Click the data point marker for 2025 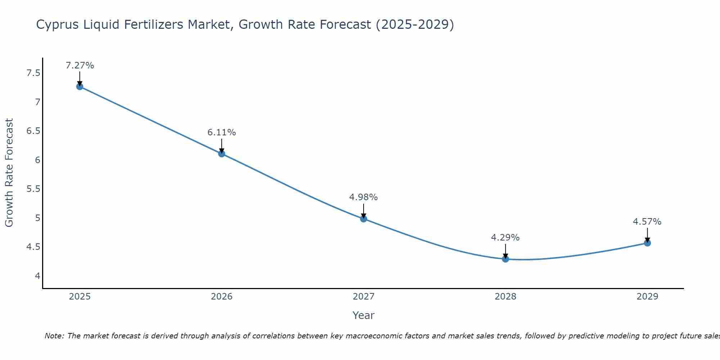pyautogui.click(x=80, y=86)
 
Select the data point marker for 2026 pyautogui.click(x=222, y=154)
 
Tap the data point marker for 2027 pyautogui.click(x=364, y=219)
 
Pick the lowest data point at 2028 pyautogui.click(x=505, y=259)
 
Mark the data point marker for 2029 pyautogui.click(x=647, y=243)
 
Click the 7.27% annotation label pyautogui.click(x=80, y=66)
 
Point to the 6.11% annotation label pyautogui.click(x=222, y=132)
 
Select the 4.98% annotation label pyautogui.click(x=364, y=197)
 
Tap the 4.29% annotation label pyautogui.click(x=505, y=238)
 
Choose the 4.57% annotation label pyautogui.click(x=647, y=222)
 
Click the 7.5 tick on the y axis pyautogui.click(x=33, y=73)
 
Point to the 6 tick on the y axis pyautogui.click(x=37, y=160)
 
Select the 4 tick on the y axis pyautogui.click(x=37, y=276)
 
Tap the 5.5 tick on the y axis pyautogui.click(x=33, y=189)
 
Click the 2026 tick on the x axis pyautogui.click(x=222, y=297)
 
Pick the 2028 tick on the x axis pyautogui.click(x=505, y=297)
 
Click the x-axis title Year pyautogui.click(x=364, y=315)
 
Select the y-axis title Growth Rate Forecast pyautogui.click(x=9, y=173)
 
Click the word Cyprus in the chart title pyautogui.click(x=58, y=25)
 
